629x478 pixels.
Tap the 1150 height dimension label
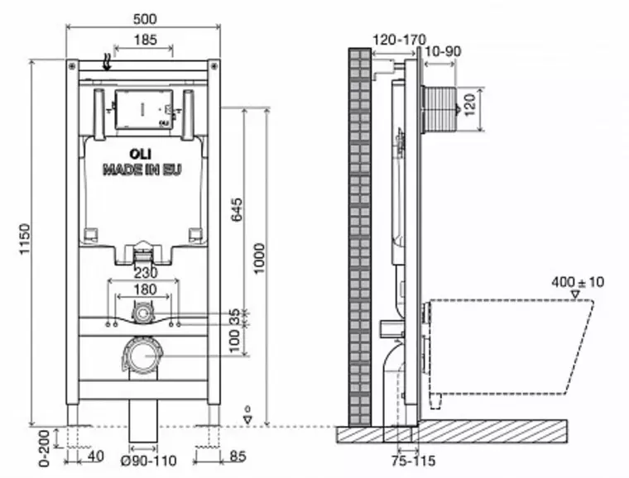click(x=24, y=240)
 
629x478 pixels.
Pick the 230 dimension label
click(x=144, y=272)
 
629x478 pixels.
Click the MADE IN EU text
click(x=142, y=170)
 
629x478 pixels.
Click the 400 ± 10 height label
click(x=578, y=282)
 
